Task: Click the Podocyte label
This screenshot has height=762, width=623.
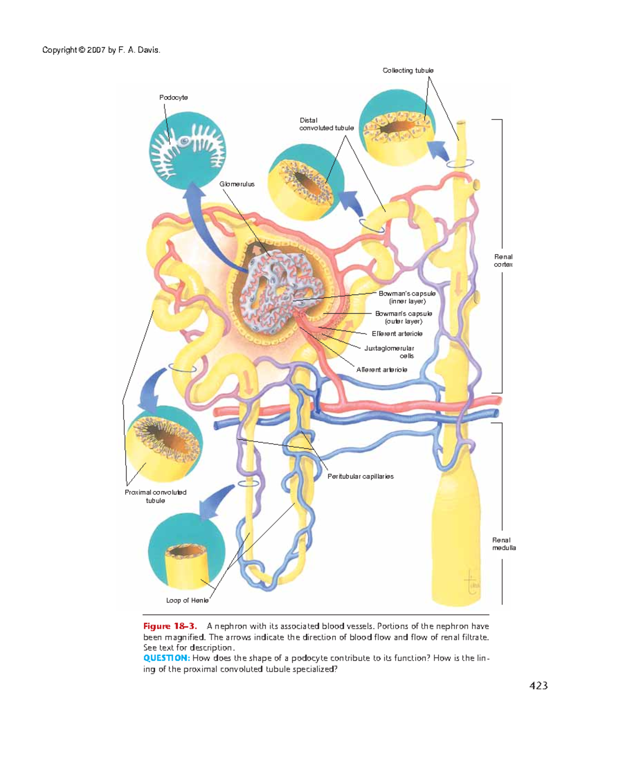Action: click(x=173, y=98)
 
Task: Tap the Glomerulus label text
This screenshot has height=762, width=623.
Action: click(x=237, y=184)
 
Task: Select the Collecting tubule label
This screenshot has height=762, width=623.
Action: click(x=408, y=71)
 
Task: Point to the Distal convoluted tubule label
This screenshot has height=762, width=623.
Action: click(x=326, y=124)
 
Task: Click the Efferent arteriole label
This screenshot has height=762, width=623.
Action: click(x=397, y=334)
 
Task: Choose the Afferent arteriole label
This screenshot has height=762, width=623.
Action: click(x=382, y=370)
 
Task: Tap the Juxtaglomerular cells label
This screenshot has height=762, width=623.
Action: click(x=389, y=352)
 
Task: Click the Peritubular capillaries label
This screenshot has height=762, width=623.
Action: click(x=360, y=476)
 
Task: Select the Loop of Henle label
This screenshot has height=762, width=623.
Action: click(x=187, y=600)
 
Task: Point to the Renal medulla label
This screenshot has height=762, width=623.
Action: click(x=504, y=544)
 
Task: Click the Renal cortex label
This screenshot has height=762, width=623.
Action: click(x=503, y=261)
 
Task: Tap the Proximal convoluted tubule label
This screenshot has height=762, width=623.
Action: click(x=155, y=497)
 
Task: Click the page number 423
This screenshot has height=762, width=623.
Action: click(x=538, y=686)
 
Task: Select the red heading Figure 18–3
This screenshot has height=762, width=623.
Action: click(x=170, y=626)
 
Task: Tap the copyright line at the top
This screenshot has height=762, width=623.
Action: click(x=101, y=50)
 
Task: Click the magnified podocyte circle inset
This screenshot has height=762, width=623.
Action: click(x=187, y=151)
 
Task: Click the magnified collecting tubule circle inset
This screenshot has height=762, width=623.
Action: click(x=397, y=127)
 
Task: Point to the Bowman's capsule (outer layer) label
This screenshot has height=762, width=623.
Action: click(x=403, y=317)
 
